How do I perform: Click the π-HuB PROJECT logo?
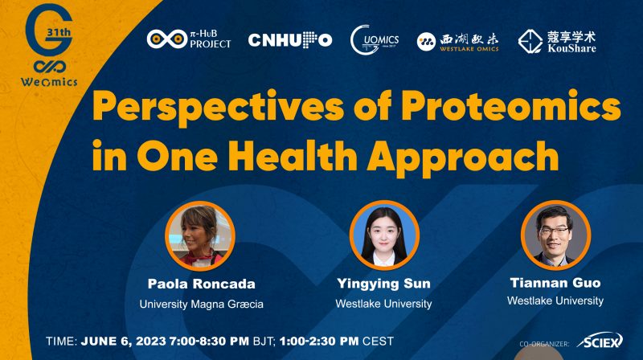188,39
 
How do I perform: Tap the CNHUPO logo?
289,40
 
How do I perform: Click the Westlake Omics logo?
457,40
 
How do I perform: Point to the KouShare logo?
557,40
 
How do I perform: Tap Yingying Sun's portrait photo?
384,235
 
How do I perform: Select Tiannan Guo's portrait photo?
555,235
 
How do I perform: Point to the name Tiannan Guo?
555,283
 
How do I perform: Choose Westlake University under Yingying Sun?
384,304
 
